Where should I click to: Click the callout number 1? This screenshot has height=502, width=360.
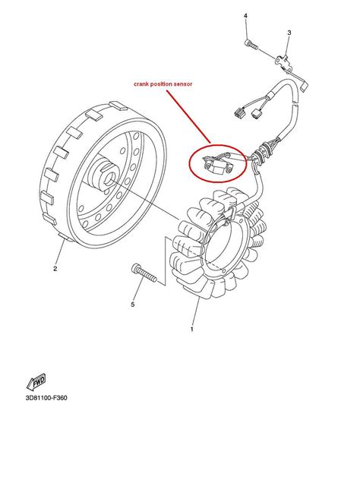(192, 329)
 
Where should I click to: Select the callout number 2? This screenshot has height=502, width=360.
(55, 269)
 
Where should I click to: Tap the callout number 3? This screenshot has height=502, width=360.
(289, 33)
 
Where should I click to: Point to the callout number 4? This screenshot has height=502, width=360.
(245, 16)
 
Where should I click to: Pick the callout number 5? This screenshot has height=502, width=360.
(133, 305)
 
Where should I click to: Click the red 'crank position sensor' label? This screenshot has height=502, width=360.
(163, 84)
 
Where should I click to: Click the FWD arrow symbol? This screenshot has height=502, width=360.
(36, 381)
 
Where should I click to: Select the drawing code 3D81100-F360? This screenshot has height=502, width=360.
(46, 398)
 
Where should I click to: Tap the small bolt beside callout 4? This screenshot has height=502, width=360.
(251, 45)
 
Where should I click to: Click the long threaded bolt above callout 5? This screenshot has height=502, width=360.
(144, 273)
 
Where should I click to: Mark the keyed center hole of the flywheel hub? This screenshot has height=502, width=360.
(113, 176)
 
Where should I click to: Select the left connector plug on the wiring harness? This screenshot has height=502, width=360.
(240, 112)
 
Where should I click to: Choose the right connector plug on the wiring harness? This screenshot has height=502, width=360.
(258, 114)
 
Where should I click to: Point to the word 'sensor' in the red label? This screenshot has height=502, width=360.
(183, 84)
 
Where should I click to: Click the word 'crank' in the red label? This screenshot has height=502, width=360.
(141, 84)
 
